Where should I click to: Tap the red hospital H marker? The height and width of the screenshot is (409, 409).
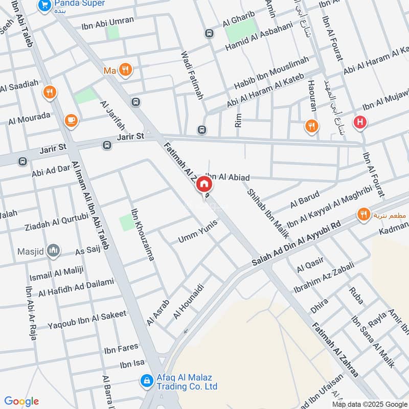point(361,123)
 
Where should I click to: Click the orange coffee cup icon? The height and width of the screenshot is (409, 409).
point(71,120)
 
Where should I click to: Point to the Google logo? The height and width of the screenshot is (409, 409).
point(21,401)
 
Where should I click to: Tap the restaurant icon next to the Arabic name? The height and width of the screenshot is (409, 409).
point(363,215)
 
